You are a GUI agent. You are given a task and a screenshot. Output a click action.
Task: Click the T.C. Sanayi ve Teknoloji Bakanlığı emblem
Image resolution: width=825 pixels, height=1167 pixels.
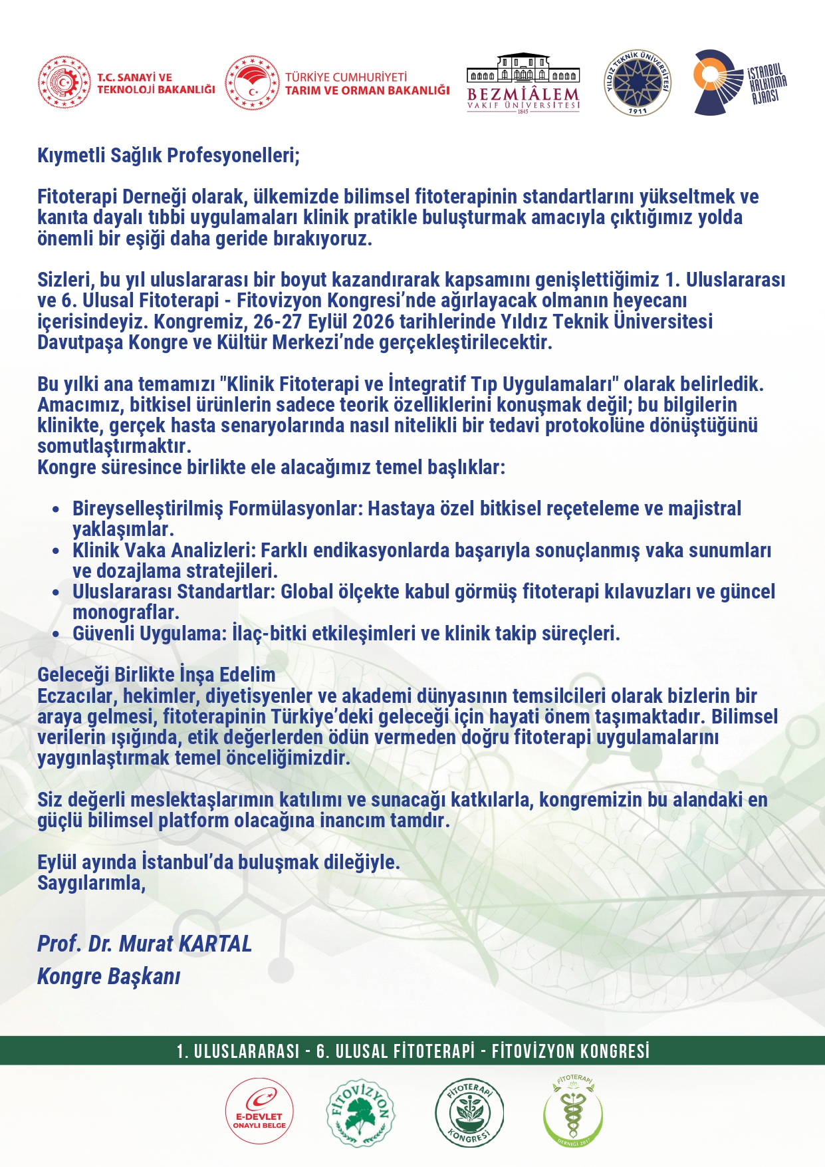pos(64,82)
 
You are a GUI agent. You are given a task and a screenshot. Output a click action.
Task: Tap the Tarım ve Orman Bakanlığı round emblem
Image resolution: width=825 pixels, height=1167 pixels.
pos(252,82)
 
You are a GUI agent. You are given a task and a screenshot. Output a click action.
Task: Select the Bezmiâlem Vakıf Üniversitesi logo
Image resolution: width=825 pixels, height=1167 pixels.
pos(523,83)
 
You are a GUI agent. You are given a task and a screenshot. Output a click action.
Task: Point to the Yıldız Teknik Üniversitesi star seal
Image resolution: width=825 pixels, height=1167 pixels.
pos(637,82)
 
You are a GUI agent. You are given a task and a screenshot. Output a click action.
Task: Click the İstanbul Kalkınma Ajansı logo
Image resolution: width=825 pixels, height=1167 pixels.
pos(738,82)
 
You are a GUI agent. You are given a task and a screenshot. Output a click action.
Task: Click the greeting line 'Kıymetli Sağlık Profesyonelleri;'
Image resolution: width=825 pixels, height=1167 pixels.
pos(169,156)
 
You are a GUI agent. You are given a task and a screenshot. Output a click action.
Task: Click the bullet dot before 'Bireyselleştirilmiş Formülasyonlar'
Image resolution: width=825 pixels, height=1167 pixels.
pos(57,510)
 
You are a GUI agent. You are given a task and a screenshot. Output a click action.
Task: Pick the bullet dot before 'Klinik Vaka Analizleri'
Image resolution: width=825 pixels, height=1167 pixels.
pos(57,551)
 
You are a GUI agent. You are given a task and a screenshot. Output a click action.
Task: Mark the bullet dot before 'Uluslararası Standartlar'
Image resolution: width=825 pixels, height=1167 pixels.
pos(57,592)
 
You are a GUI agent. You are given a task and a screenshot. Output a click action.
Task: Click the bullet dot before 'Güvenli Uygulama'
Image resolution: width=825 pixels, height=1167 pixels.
pos(57,634)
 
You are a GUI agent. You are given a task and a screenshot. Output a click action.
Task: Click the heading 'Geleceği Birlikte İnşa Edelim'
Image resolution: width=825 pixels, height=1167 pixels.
pos(156,675)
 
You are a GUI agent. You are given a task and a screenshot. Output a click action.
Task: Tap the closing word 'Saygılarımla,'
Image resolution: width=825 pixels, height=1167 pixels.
pos(91,883)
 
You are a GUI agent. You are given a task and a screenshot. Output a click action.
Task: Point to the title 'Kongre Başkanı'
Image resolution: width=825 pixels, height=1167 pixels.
pos(108,976)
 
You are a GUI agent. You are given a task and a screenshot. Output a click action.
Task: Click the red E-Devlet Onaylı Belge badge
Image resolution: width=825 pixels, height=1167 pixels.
pos(259,1111)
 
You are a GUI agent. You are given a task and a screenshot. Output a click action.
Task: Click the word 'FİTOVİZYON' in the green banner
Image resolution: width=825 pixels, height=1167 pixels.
pos(534,1051)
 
